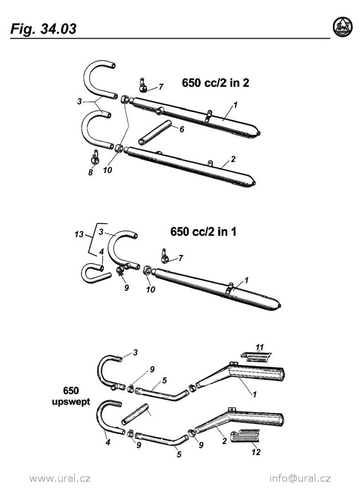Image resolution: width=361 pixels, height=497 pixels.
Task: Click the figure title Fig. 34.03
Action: (44, 29)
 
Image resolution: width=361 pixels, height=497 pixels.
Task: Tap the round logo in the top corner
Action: (343, 27)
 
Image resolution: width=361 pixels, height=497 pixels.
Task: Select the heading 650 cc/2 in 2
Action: (216, 83)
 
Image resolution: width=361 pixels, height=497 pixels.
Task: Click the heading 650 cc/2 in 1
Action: (203, 232)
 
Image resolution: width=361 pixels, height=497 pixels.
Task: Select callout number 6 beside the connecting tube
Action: (182, 129)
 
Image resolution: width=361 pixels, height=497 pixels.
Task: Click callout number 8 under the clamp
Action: (90, 172)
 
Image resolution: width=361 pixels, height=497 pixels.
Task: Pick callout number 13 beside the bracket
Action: (79, 234)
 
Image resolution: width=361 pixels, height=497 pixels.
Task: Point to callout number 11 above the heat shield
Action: (259, 347)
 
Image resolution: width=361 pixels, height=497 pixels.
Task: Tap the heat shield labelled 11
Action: (256, 357)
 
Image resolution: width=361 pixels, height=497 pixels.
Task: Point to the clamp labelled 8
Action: (95, 157)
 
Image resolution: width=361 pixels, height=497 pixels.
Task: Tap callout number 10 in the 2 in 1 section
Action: (150, 290)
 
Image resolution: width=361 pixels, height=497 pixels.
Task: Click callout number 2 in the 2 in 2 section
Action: (233, 159)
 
